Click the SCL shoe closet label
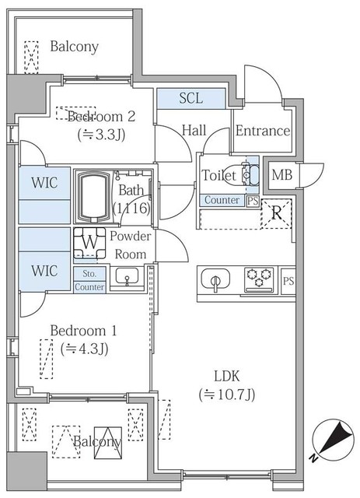point(191,98)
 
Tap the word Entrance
point(262,131)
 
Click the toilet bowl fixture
point(249,177)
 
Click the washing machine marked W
point(90,242)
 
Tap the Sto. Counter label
point(89,280)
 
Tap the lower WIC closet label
point(44,271)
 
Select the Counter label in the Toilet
point(221,200)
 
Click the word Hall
point(194,131)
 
